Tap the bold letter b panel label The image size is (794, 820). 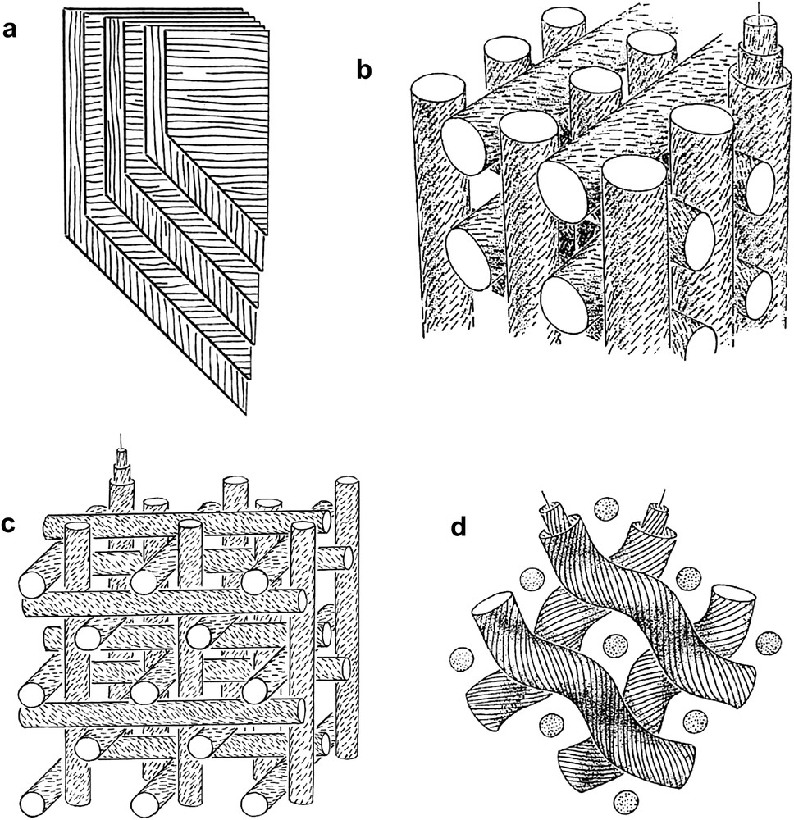364,69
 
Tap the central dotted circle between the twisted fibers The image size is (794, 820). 612,644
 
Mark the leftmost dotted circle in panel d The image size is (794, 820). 463,660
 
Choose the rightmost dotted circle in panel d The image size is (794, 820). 768,640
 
